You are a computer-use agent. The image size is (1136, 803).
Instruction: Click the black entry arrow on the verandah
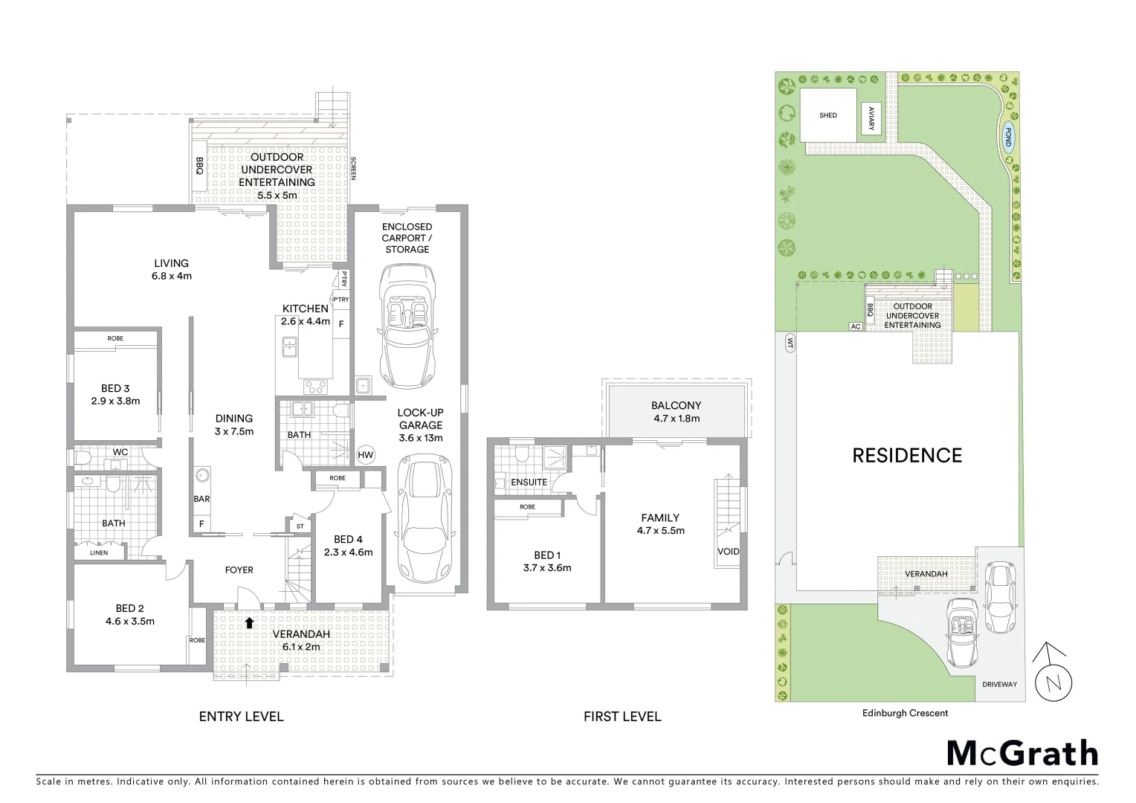(x=250, y=622)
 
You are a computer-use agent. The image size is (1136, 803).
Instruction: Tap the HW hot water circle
(x=365, y=455)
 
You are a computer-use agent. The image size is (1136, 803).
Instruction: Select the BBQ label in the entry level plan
(x=199, y=165)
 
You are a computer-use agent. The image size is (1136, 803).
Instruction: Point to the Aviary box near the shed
(x=872, y=115)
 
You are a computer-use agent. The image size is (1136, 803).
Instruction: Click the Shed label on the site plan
(x=827, y=115)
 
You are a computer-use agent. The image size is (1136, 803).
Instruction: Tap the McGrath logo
(x=1022, y=752)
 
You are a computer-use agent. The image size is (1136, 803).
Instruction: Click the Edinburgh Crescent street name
(x=905, y=713)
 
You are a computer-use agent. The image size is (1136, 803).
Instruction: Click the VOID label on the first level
(x=729, y=551)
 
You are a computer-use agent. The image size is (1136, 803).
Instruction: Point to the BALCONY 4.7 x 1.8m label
(x=676, y=411)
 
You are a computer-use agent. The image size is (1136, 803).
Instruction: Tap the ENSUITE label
(x=529, y=483)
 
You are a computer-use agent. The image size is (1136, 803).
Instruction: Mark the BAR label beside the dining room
(x=201, y=499)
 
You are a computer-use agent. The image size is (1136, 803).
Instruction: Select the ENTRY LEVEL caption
(x=241, y=717)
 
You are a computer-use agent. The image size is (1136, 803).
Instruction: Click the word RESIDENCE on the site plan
(x=906, y=455)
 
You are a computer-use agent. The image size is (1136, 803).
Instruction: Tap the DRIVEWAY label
(x=999, y=684)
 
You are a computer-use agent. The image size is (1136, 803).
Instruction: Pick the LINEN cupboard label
(x=99, y=552)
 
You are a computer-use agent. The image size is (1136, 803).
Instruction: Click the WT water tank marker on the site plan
(x=790, y=342)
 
